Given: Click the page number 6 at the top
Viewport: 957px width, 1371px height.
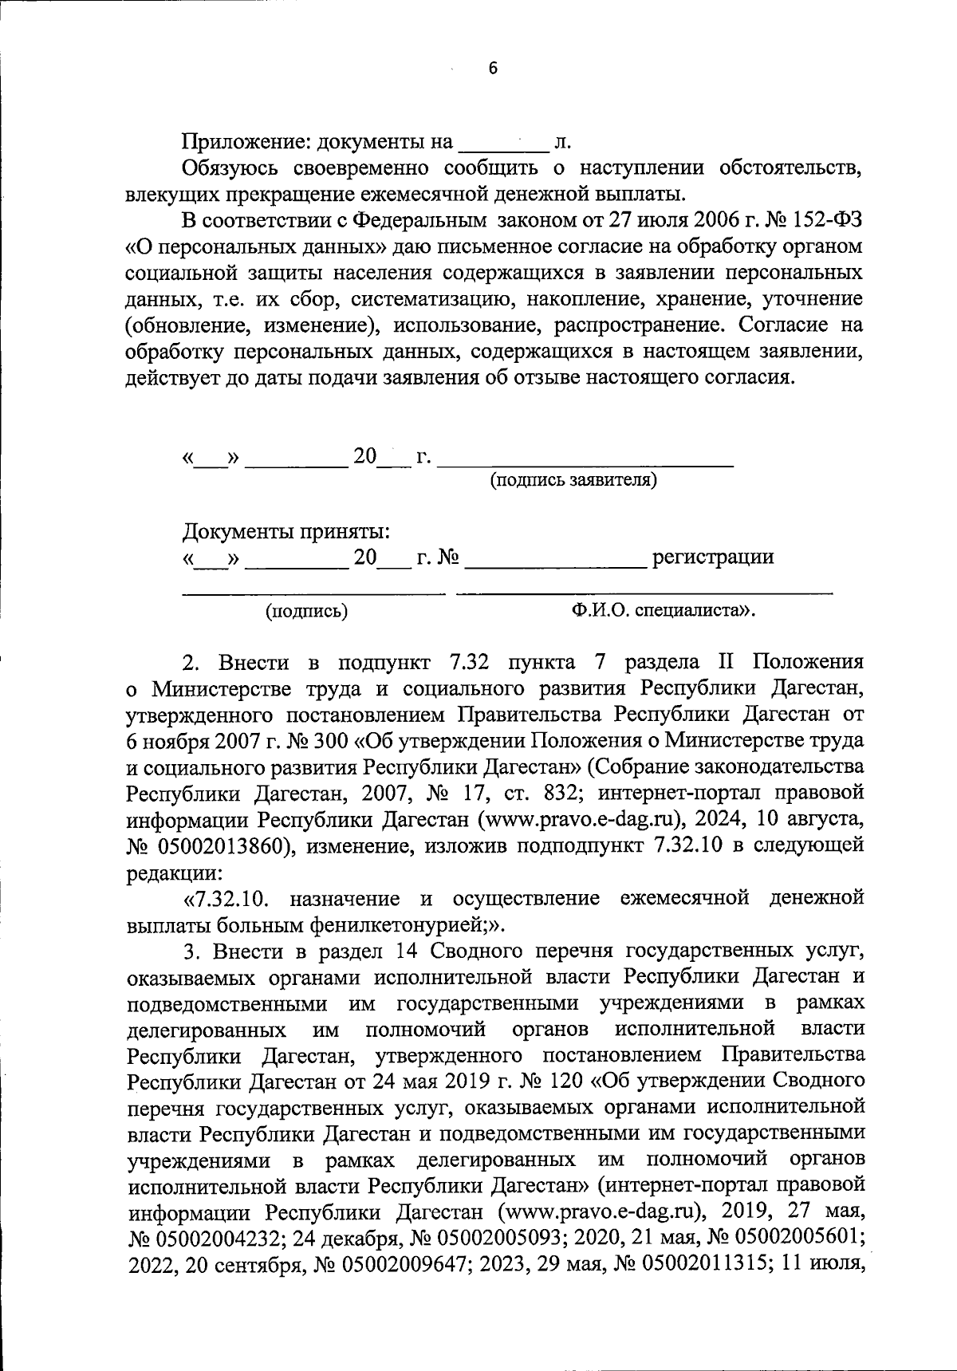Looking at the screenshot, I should [x=492, y=69].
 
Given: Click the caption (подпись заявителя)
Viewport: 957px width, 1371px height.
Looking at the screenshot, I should [x=573, y=480].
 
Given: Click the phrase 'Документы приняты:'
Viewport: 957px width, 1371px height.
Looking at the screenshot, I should [x=286, y=531].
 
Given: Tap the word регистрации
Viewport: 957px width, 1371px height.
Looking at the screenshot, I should [x=713, y=557].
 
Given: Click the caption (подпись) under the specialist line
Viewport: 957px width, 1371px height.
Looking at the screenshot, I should [x=307, y=612].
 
